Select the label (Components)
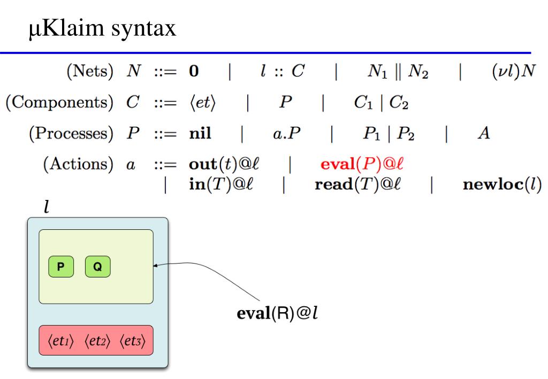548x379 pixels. (x=52, y=103)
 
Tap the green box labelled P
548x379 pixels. (x=60, y=267)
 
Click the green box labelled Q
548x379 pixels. (x=97, y=267)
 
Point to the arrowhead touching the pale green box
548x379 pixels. (x=156, y=265)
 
